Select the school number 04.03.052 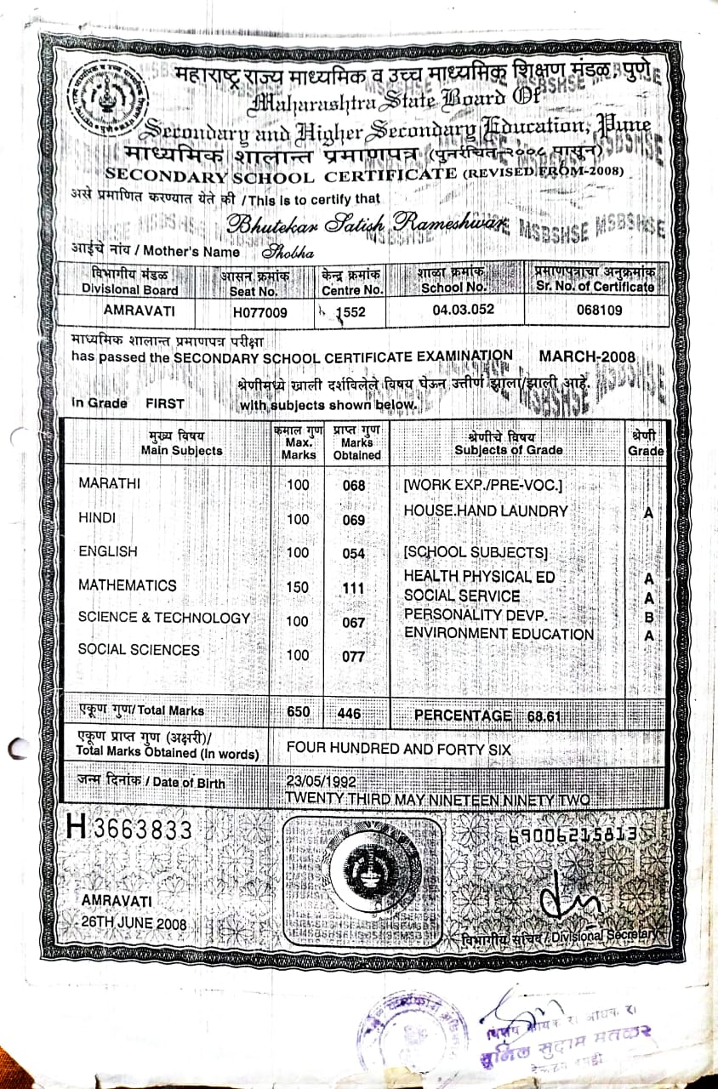[463, 310]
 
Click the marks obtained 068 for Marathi [353, 486]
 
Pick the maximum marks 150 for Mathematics [298, 587]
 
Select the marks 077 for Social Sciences [353, 656]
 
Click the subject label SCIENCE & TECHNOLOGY [164, 618]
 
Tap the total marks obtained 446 [350, 714]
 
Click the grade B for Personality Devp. [648, 616]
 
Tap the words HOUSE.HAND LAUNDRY [485, 510]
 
